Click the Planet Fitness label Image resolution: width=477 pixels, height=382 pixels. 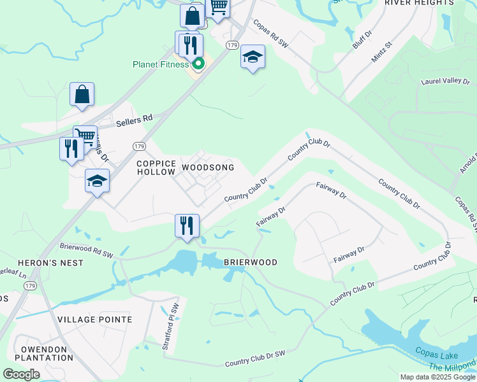click(160, 64)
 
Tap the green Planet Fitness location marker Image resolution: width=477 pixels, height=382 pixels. click(198, 63)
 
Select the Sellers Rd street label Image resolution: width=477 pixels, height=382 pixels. click(135, 119)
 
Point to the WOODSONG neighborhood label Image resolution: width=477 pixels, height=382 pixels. click(207, 167)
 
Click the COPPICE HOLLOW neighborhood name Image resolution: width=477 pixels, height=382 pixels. click(156, 167)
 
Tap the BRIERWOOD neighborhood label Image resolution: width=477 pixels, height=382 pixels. click(250, 262)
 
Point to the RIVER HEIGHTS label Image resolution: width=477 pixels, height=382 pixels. click(418, 3)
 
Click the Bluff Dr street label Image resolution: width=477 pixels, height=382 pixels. click(361, 41)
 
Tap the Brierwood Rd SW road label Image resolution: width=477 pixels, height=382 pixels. click(86, 250)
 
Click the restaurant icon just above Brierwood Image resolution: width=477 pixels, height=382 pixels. click(187, 226)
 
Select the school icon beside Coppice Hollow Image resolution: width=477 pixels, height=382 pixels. click(98, 181)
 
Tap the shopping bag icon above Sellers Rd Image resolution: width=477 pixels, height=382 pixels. click(82, 94)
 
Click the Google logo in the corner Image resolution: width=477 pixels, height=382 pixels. click(22, 374)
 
